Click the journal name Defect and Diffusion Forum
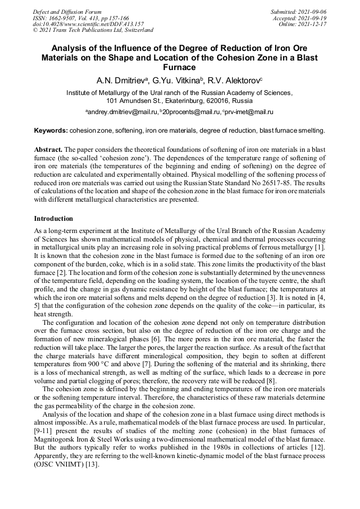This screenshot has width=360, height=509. point(67,12)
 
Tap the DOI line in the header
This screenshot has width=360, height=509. point(88,24)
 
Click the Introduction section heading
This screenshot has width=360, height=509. point(54,219)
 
